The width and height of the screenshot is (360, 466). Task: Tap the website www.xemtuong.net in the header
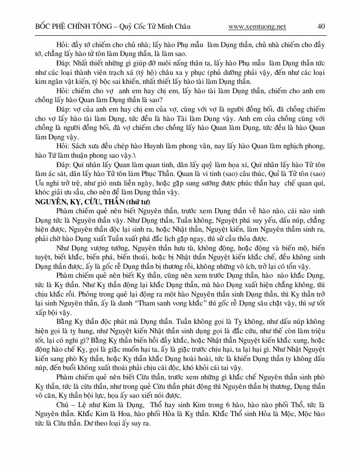[257, 26]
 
